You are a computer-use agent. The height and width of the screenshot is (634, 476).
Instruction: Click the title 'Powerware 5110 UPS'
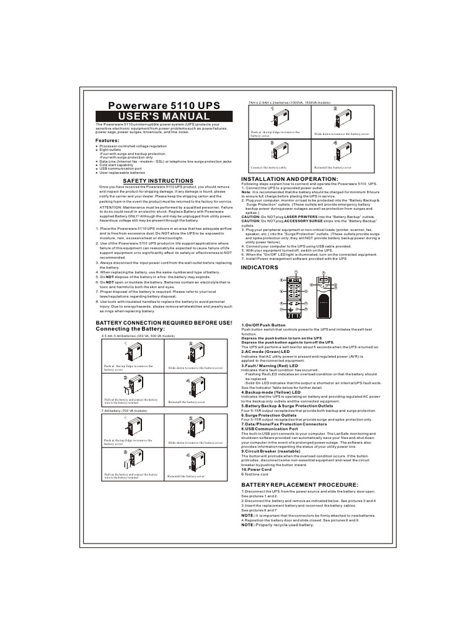tap(164, 106)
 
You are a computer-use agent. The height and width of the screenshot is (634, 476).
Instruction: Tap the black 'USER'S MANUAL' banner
tap(164, 117)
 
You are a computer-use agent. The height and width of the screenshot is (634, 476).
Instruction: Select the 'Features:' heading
tap(107, 141)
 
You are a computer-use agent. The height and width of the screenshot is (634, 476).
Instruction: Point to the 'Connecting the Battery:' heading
tap(131, 329)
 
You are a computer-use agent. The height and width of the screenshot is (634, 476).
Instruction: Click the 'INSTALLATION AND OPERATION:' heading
tap(289, 179)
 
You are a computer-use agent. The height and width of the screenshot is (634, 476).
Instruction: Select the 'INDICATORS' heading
tap(260, 267)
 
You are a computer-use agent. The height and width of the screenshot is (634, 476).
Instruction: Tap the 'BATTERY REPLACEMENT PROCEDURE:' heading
tap(300, 484)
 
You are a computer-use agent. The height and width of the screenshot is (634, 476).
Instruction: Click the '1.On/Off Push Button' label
tap(263, 324)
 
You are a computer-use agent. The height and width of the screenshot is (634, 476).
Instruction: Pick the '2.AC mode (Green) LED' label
tap(267, 351)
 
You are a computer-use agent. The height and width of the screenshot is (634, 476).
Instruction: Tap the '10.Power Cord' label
tap(256, 469)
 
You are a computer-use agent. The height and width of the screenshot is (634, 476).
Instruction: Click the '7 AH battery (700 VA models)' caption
tap(123, 411)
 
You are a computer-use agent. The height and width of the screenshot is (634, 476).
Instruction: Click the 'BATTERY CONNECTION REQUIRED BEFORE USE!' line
tap(163, 323)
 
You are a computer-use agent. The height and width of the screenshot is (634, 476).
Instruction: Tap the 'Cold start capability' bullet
tap(117, 165)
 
